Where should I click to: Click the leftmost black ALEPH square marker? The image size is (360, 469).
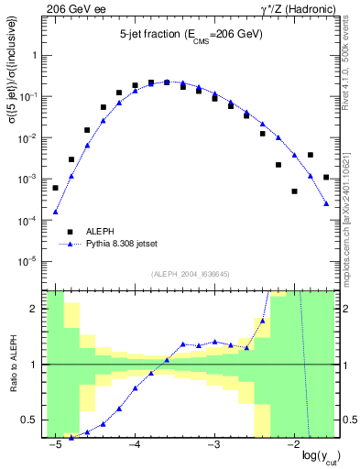(x=56, y=188)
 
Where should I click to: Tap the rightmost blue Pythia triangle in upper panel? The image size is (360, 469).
(x=326, y=203)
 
